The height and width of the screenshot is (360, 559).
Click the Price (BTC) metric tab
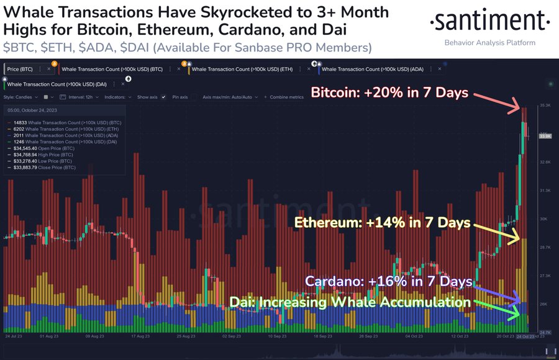click(20, 70)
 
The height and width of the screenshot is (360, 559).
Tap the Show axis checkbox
click(163, 97)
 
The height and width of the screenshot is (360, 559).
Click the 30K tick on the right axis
click(545, 218)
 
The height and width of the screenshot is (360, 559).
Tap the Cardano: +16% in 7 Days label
click(388, 281)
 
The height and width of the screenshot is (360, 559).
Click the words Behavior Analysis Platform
click(490, 43)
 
